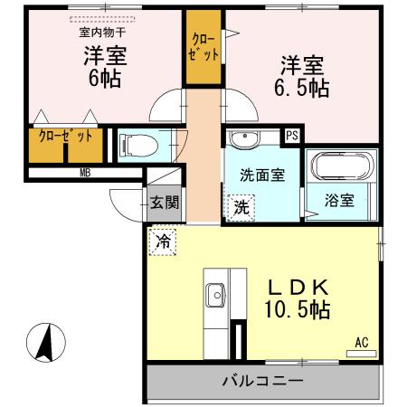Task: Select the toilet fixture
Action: point(135,145)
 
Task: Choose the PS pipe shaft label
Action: point(291,137)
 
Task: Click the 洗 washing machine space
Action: point(241,206)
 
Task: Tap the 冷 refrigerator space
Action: point(163,241)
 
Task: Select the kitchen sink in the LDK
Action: point(217,294)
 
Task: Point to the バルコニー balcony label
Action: point(262,381)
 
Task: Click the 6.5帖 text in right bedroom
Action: point(302,88)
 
